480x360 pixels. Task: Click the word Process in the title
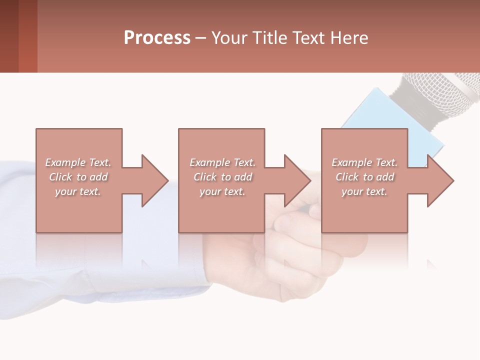pos(157,38)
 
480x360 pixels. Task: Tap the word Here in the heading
pos(349,38)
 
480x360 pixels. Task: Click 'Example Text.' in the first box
pos(78,162)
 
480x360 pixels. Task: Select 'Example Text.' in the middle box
pos(222,162)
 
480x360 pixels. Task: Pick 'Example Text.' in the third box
pos(364,162)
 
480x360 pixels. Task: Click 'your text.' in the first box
pos(78,191)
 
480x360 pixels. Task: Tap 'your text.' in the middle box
pos(222,191)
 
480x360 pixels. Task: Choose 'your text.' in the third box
pos(364,191)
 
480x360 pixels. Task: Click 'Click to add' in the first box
pos(78,177)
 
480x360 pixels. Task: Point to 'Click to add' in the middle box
pos(222,177)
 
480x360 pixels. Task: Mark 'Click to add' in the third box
pos(364,177)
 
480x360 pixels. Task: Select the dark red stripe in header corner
pos(9,36)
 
